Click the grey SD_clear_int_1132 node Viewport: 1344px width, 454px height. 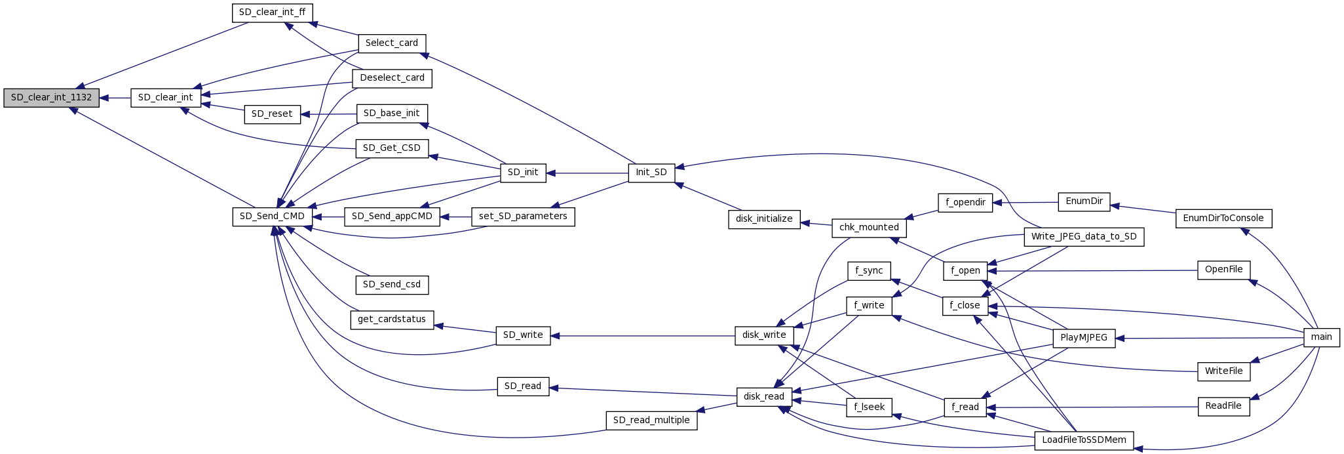(51, 98)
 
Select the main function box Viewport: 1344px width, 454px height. (1321, 337)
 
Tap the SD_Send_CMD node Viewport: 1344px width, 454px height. (272, 217)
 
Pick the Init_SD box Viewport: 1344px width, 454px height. (651, 173)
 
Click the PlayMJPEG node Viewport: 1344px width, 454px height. (1083, 338)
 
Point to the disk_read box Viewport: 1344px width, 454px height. (763, 396)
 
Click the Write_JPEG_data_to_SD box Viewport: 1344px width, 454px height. (1084, 236)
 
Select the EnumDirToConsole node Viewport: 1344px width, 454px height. (1223, 218)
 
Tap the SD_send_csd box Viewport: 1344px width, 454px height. (392, 285)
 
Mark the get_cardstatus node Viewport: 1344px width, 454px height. (392, 320)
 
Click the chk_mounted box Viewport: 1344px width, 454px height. (869, 228)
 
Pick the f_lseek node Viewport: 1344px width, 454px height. (869, 407)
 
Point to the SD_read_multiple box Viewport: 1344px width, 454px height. (651, 420)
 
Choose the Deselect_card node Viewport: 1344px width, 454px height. (392, 78)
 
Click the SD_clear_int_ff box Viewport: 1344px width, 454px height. (272, 12)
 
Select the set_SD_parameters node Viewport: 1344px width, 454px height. (523, 217)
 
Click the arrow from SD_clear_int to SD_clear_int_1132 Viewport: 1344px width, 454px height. (115, 98)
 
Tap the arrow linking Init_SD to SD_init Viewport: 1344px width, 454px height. (587, 173)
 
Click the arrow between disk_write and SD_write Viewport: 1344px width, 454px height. (642, 336)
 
